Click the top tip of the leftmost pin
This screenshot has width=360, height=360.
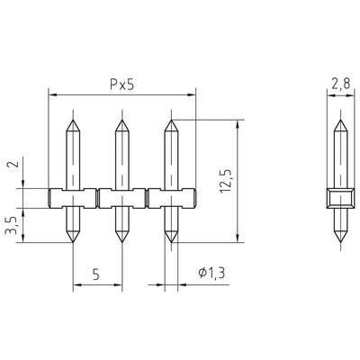pos(72,119)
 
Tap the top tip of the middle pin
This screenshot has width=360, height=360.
pos(121,119)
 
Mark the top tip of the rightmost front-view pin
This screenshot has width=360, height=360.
pos(170,119)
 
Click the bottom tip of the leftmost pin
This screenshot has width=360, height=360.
pos(72,243)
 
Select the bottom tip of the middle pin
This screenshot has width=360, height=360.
pos(121,243)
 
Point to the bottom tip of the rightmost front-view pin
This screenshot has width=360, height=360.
pos(170,243)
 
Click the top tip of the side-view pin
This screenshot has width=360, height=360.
pos(337,119)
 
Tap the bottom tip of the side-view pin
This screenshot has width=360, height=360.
pos(337,243)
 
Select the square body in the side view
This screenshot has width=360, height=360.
pos(337,198)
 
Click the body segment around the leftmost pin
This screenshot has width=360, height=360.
pos(72,198)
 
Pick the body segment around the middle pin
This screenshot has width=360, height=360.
pos(121,198)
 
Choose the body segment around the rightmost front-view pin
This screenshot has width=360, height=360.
pos(170,198)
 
